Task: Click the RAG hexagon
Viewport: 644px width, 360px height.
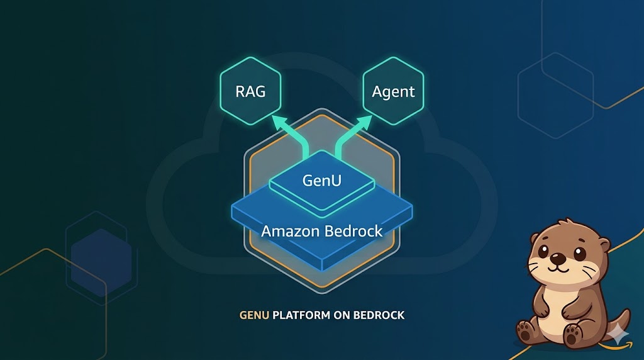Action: tap(250, 91)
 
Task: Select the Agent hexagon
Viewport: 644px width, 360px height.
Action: tap(393, 91)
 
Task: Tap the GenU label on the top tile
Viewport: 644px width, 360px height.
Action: tap(321, 180)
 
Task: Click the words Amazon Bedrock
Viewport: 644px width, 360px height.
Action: tap(321, 231)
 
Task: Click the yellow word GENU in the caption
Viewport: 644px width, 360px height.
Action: tap(254, 315)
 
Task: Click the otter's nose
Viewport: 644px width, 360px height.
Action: tap(557, 258)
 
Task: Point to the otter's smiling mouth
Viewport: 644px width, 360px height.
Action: tap(557, 267)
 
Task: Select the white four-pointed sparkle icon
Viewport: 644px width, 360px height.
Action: tap(620, 335)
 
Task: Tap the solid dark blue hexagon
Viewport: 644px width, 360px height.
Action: tap(101, 258)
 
